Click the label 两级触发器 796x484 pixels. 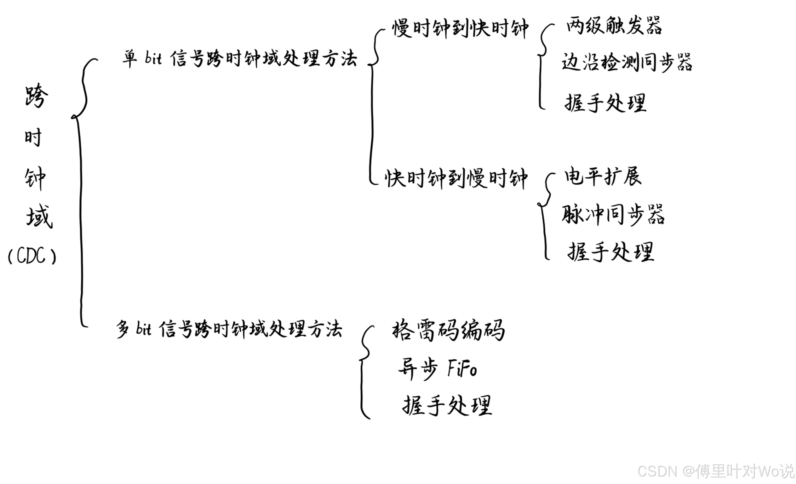(x=614, y=26)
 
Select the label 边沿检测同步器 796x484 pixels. (x=627, y=62)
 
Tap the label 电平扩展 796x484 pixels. (x=603, y=176)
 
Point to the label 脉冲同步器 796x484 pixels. (x=613, y=215)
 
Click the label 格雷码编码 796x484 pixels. (x=448, y=330)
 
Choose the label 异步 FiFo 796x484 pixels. (x=438, y=369)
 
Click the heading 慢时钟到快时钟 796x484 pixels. (x=460, y=28)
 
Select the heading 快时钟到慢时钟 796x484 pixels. (x=456, y=178)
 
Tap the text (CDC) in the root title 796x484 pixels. (x=32, y=256)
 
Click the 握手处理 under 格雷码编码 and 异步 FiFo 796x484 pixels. (x=447, y=406)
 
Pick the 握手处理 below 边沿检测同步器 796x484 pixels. (x=605, y=103)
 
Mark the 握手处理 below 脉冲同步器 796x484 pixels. (x=610, y=252)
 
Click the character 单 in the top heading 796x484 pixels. (x=129, y=59)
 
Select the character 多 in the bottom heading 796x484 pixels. (x=123, y=329)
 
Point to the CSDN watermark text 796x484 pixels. (x=716, y=471)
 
